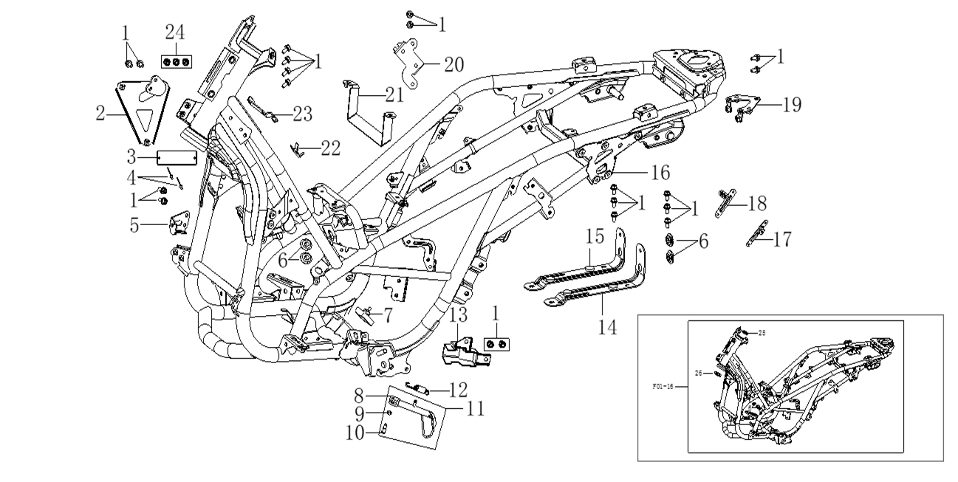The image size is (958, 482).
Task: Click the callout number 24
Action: click(x=174, y=32)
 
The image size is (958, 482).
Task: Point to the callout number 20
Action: click(x=454, y=63)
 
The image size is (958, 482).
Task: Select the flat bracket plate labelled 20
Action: click(x=408, y=63)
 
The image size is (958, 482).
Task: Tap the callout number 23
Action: click(x=302, y=114)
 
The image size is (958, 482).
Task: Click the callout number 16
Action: click(x=659, y=173)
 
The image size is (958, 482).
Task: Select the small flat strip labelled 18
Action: click(x=723, y=202)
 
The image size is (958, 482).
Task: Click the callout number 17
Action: click(x=782, y=239)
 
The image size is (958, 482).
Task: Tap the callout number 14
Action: click(x=607, y=326)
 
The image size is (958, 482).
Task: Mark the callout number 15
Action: click(x=595, y=238)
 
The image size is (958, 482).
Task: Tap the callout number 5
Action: click(x=134, y=224)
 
